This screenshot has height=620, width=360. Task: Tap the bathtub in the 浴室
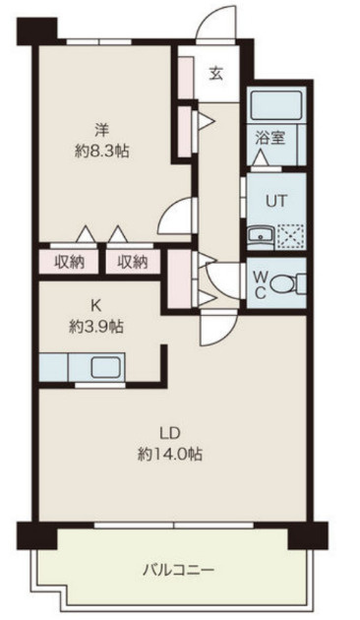tap(275, 104)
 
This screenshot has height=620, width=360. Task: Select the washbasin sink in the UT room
tap(260, 235)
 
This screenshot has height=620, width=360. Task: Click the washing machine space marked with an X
tap(290, 235)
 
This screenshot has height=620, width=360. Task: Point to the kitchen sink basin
tap(106, 367)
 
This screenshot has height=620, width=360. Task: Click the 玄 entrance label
tap(215, 74)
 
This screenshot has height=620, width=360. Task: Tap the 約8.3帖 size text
tap(102, 151)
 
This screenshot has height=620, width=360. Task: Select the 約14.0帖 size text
tap(170, 454)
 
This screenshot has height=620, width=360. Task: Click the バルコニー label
tap(178, 570)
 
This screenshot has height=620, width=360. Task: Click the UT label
tap(275, 202)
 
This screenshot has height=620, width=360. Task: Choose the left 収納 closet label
tap(70, 262)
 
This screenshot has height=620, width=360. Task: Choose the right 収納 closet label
tap(132, 262)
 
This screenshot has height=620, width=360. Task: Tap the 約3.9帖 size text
tap(96, 327)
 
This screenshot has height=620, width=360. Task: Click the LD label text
tap(170, 433)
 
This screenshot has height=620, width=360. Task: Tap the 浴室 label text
tap(270, 138)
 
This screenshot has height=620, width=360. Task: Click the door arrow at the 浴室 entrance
tap(261, 157)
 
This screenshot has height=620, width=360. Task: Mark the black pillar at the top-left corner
tap(36, 31)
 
